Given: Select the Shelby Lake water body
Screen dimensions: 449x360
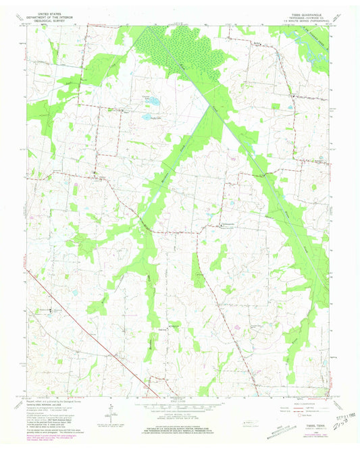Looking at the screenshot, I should pyautogui.click(x=147, y=117).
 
